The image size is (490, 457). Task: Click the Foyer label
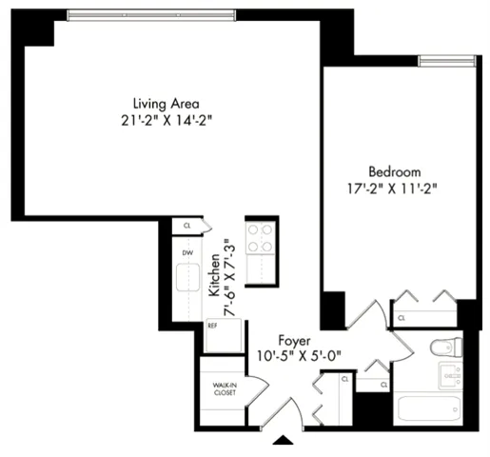click(x=295, y=340)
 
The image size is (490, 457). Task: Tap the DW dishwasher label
click(x=187, y=252)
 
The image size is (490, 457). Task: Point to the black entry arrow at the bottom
click(x=283, y=441)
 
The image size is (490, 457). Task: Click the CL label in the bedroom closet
click(x=402, y=318)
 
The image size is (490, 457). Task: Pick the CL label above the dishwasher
click(x=187, y=227)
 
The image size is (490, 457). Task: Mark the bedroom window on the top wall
click(x=447, y=62)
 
